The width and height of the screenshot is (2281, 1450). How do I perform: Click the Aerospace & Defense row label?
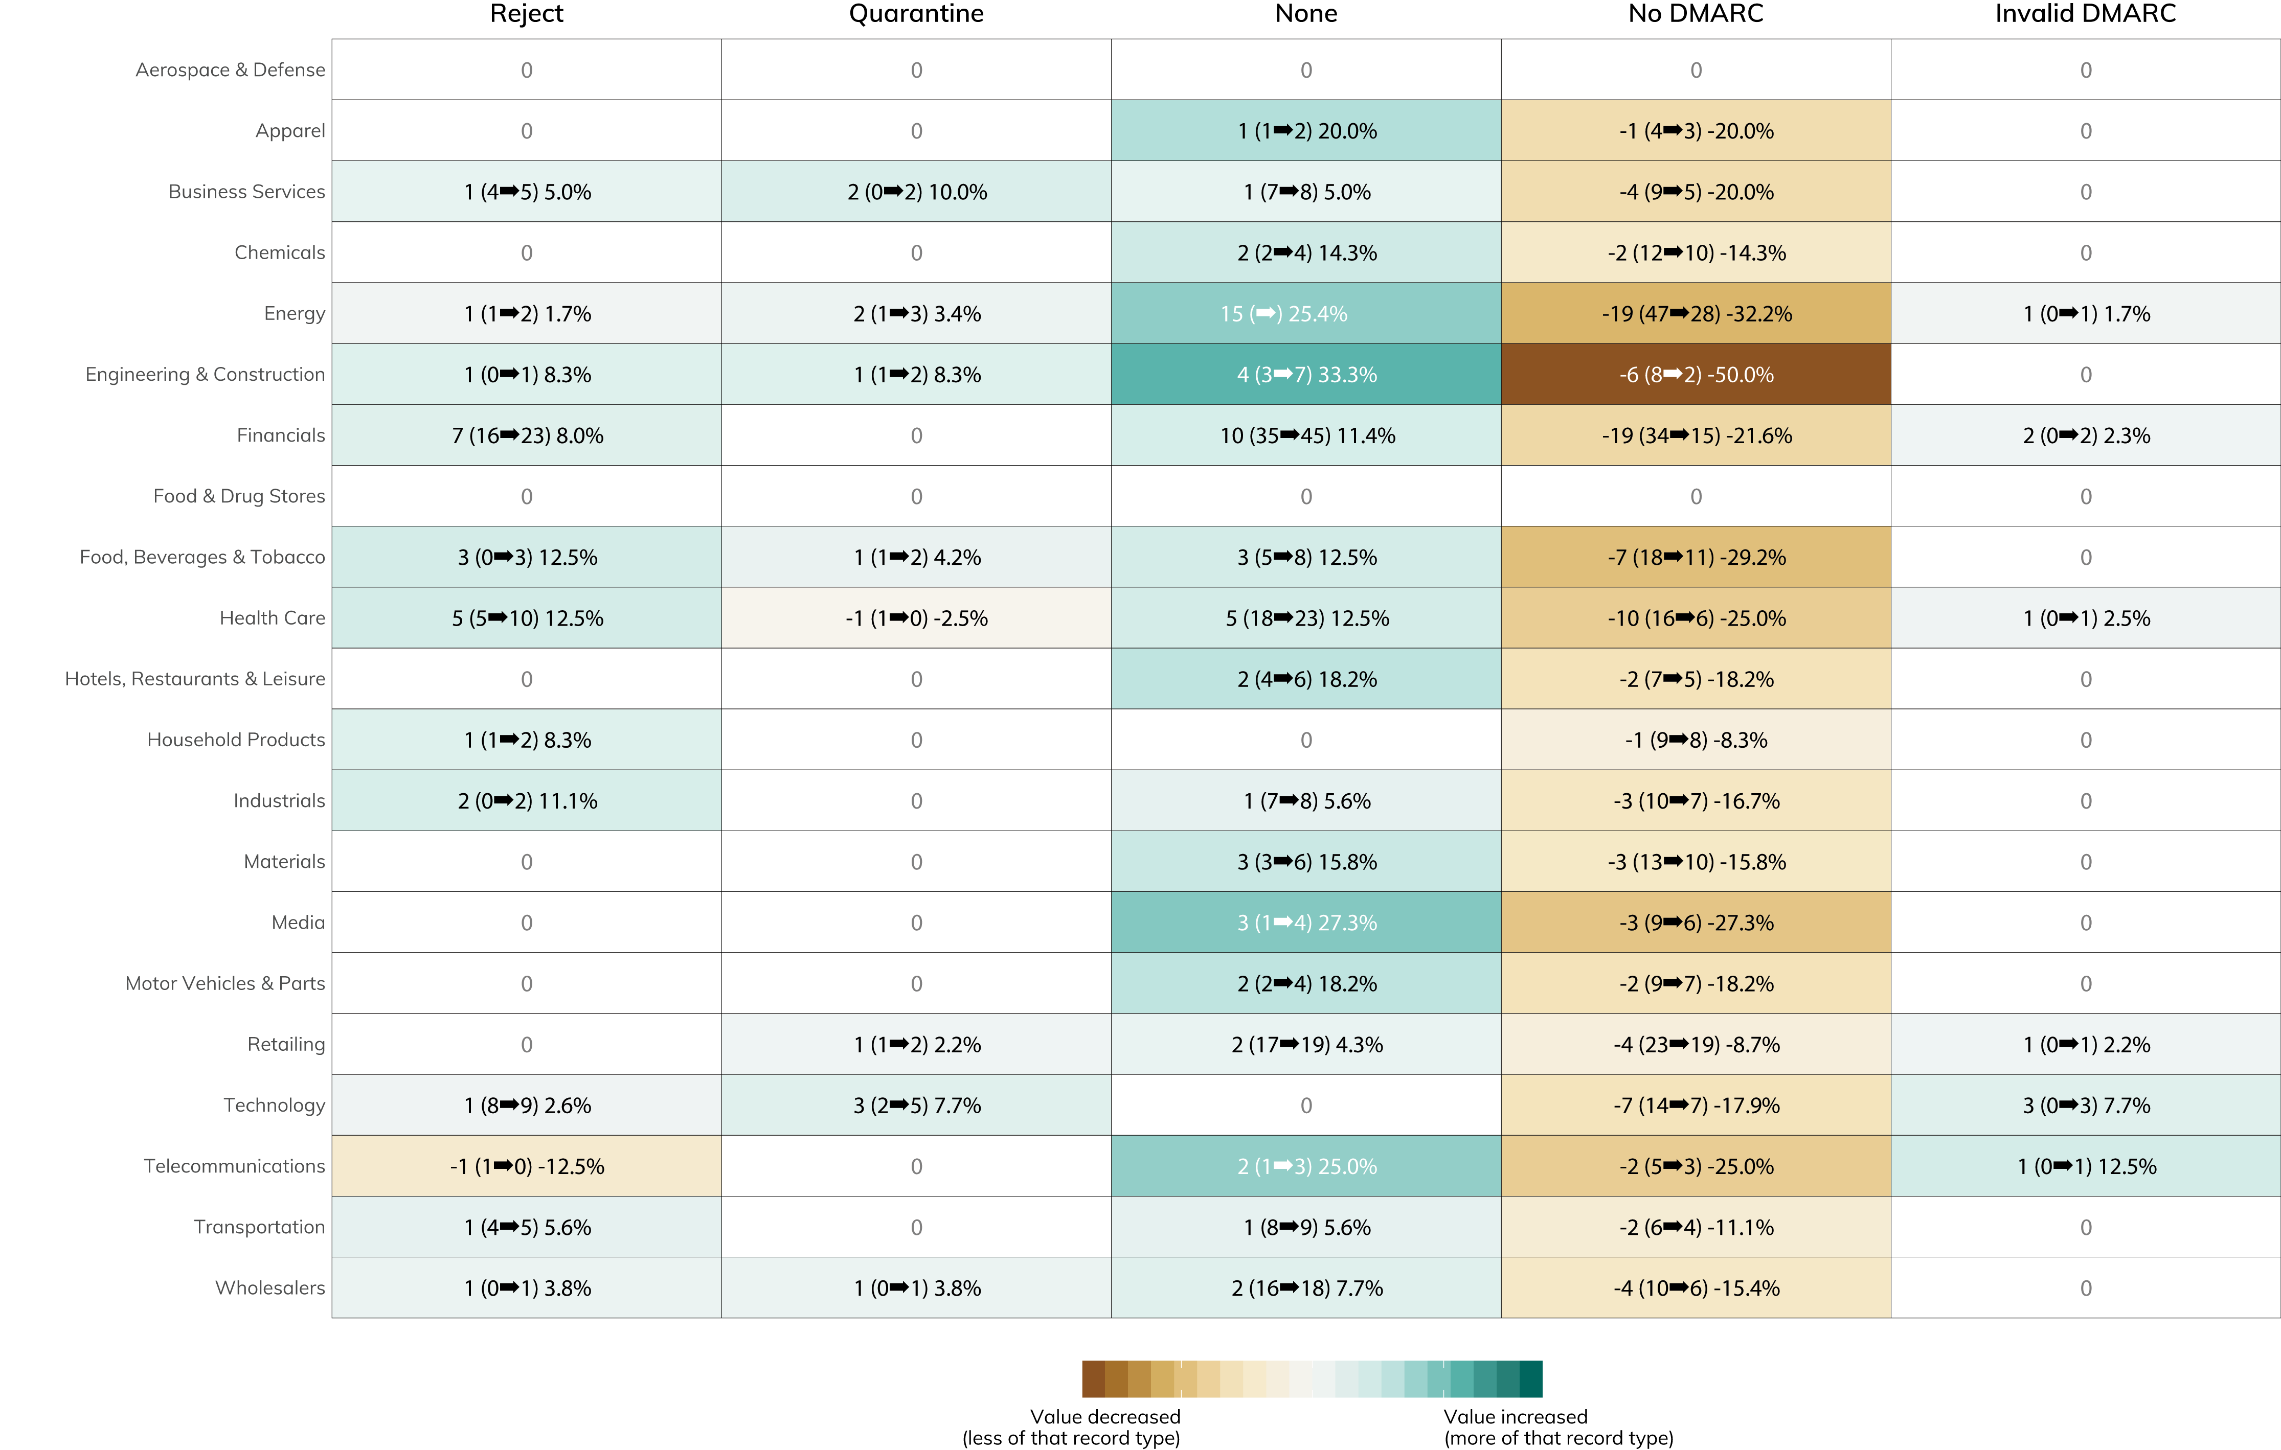[230, 70]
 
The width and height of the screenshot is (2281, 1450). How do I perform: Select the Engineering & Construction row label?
[205, 374]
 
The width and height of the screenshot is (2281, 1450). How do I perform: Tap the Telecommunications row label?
[234, 1166]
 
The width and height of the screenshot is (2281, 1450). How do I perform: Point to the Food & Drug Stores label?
[239, 496]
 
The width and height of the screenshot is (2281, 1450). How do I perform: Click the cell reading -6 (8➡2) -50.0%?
[1696, 374]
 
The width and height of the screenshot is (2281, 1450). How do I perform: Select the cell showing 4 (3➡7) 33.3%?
[1306, 374]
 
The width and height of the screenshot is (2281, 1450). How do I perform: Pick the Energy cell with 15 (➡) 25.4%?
[1306, 313]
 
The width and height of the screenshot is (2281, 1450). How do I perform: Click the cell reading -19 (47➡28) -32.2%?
[1696, 313]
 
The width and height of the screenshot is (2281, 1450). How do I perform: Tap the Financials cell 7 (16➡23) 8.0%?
[527, 435]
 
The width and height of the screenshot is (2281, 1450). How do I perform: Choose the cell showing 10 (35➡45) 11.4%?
[1306, 435]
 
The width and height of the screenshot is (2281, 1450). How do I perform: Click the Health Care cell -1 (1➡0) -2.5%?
[916, 618]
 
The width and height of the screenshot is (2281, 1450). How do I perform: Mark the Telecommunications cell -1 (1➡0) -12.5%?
[527, 1166]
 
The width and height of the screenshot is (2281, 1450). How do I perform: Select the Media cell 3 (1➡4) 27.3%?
[1306, 923]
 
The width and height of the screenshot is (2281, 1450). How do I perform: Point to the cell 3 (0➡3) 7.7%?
[2086, 1105]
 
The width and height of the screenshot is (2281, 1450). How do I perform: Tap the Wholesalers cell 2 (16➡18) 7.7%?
[1306, 1288]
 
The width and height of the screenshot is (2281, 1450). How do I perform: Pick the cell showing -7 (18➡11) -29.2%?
[1696, 557]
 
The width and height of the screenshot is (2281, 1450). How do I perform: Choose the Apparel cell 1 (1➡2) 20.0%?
[1306, 131]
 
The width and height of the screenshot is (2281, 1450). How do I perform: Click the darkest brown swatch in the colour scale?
[1093, 1379]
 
